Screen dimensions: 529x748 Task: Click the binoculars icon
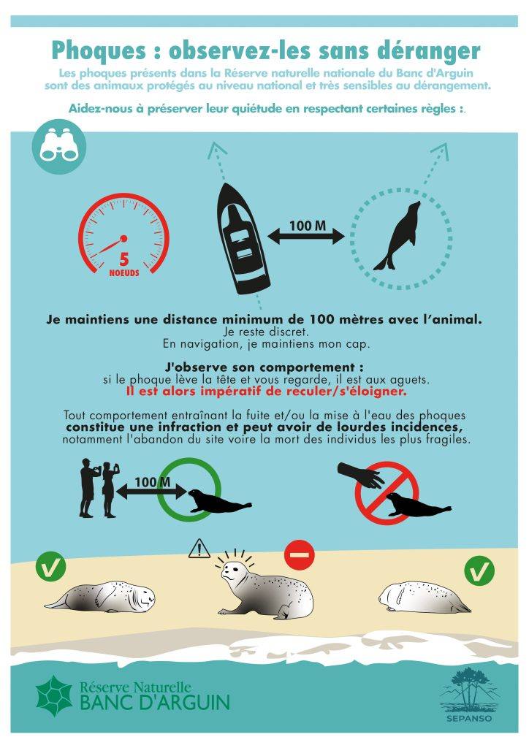58,146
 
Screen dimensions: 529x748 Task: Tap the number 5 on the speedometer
124,259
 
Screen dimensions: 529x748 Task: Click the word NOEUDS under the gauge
124,273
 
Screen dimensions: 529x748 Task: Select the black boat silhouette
243,238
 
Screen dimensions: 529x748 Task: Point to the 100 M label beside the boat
307,225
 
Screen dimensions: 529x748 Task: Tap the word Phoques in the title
98,50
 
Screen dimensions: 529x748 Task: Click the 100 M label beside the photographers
152,482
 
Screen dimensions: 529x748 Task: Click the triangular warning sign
199,549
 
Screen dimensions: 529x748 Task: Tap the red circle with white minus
300,555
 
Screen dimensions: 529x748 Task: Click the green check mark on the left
50,566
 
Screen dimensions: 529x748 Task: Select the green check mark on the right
479,570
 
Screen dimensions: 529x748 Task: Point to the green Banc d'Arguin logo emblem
54,696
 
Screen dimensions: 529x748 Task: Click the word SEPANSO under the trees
469,719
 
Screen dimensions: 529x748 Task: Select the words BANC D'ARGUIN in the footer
155,703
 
